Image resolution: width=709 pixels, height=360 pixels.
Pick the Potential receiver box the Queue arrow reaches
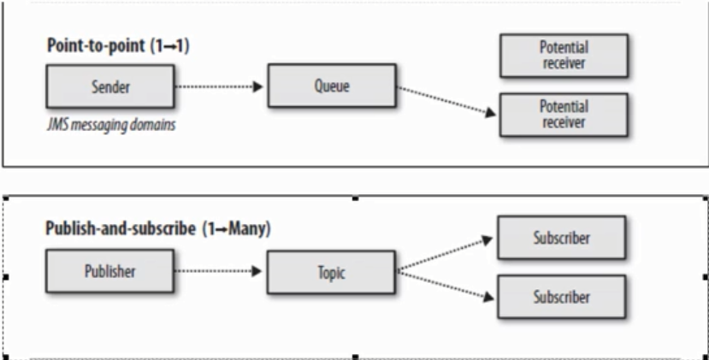[x=563, y=114]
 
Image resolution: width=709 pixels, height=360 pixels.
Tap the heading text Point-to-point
[x=92, y=45]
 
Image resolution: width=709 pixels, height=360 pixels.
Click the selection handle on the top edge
[x=356, y=198]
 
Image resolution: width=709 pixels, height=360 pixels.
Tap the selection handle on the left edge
[x=5, y=277]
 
